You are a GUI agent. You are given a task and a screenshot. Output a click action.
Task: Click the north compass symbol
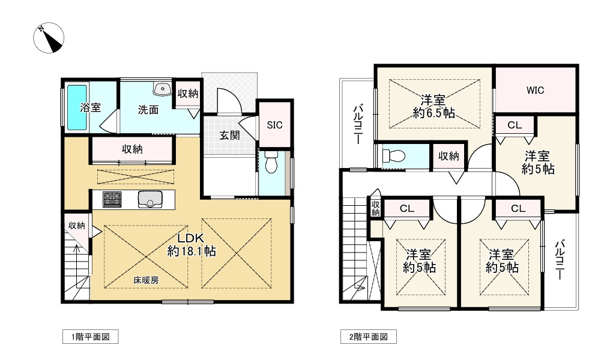49,38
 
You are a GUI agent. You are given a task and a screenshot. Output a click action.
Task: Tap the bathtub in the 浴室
77,107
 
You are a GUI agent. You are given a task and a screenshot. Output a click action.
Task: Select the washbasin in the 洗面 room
163,89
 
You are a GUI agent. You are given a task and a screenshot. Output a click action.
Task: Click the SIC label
274,125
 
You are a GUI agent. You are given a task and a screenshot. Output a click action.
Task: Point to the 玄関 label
229,136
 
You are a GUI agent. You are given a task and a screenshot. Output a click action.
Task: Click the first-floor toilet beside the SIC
272,162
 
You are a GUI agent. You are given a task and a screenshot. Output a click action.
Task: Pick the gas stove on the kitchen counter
112,200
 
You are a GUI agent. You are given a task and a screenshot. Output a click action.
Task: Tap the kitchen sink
150,200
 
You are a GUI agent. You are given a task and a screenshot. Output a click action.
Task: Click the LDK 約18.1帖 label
192,245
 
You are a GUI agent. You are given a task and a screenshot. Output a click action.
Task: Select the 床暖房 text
146,280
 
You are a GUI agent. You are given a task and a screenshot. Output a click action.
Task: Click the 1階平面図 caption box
90,337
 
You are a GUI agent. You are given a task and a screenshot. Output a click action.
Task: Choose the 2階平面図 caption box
369,337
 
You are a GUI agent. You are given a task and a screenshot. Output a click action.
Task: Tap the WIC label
536,91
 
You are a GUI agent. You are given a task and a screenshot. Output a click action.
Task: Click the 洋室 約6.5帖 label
433,107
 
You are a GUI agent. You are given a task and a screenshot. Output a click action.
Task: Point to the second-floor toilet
393,156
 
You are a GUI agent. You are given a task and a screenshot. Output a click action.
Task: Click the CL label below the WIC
515,125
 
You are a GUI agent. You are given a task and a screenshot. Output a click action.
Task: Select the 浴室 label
90,107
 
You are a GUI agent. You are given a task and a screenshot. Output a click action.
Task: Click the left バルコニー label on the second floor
358,124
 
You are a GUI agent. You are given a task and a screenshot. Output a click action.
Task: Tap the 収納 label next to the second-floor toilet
448,156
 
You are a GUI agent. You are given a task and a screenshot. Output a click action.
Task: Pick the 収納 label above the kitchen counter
132,149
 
